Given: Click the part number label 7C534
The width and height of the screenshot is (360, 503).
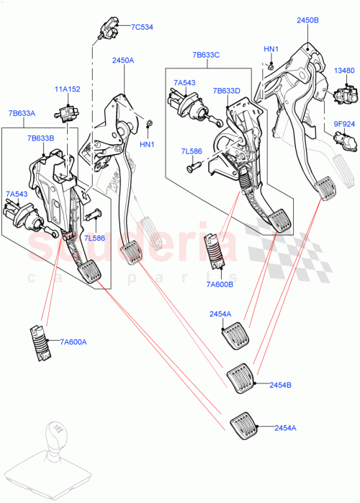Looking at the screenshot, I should pos(141,27).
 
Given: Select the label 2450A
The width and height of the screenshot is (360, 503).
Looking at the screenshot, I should pos(123,61).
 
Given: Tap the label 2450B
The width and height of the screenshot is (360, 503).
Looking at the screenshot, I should pos(307,21).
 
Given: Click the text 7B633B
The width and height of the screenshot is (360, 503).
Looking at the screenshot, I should pos(40,138).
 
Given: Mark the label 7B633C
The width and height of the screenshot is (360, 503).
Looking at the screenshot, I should pos(205,54).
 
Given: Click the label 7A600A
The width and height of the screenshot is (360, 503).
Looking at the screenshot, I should pos(73,342).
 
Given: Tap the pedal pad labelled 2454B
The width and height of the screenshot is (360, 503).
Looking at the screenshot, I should pos(240,378).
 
